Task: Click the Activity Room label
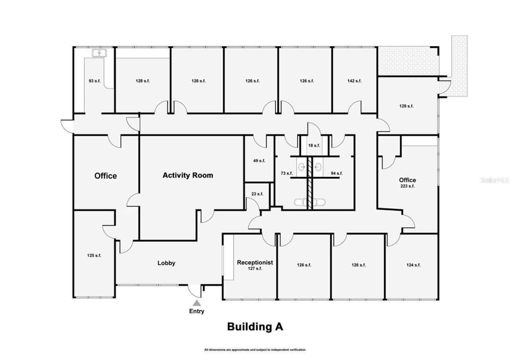click(188, 175)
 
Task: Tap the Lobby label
click(166, 263)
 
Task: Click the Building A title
click(255, 327)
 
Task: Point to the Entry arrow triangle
click(197, 303)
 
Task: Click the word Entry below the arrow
click(197, 311)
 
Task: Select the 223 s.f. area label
click(407, 186)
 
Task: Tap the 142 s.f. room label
click(354, 81)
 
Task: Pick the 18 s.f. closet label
click(314, 145)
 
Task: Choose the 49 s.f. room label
click(259, 160)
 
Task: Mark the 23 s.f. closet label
click(257, 194)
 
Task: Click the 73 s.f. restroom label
click(286, 173)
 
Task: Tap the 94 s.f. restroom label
click(337, 173)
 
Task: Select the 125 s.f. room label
click(94, 255)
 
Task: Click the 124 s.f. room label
click(413, 265)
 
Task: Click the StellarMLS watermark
click(494, 180)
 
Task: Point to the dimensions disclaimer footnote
click(255, 350)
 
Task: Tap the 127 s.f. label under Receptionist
click(255, 268)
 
